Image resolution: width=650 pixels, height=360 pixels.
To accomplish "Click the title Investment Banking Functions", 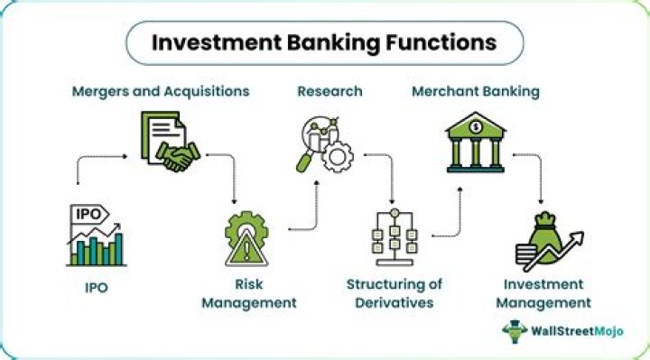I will (x=324, y=43).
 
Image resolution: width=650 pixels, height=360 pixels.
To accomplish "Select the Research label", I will (x=330, y=91).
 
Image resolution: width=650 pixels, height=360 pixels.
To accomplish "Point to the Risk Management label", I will (x=248, y=293).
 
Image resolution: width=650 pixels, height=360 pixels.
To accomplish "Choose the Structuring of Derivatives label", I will (x=395, y=293).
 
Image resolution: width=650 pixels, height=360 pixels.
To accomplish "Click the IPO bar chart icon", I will (x=95, y=236).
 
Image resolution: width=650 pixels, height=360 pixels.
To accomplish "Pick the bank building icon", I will (x=475, y=142).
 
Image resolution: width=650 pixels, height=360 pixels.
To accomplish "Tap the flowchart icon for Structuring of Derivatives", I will (x=395, y=236).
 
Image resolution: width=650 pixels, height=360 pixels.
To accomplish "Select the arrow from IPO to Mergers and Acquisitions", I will (x=90, y=167).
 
